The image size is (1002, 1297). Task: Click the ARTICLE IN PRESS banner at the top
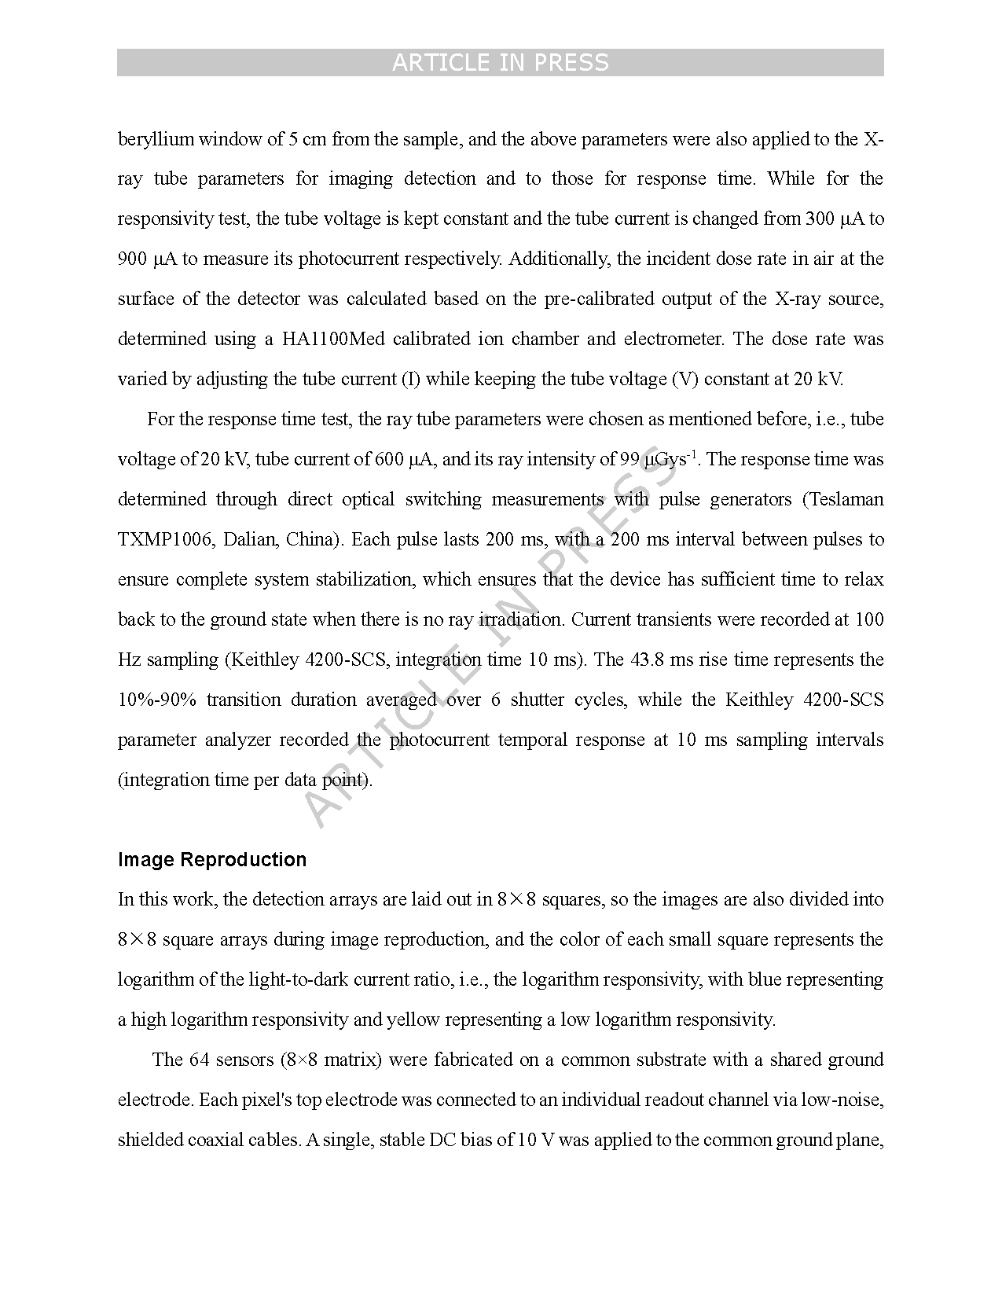tap(500, 63)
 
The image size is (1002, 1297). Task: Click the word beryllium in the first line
tap(156, 140)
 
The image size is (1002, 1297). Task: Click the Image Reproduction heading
tap(212, 860)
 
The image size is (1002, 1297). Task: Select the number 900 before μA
tap(132, 259)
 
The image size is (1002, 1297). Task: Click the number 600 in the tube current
tap(389, 460)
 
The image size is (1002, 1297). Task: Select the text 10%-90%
tap(157, 700)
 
